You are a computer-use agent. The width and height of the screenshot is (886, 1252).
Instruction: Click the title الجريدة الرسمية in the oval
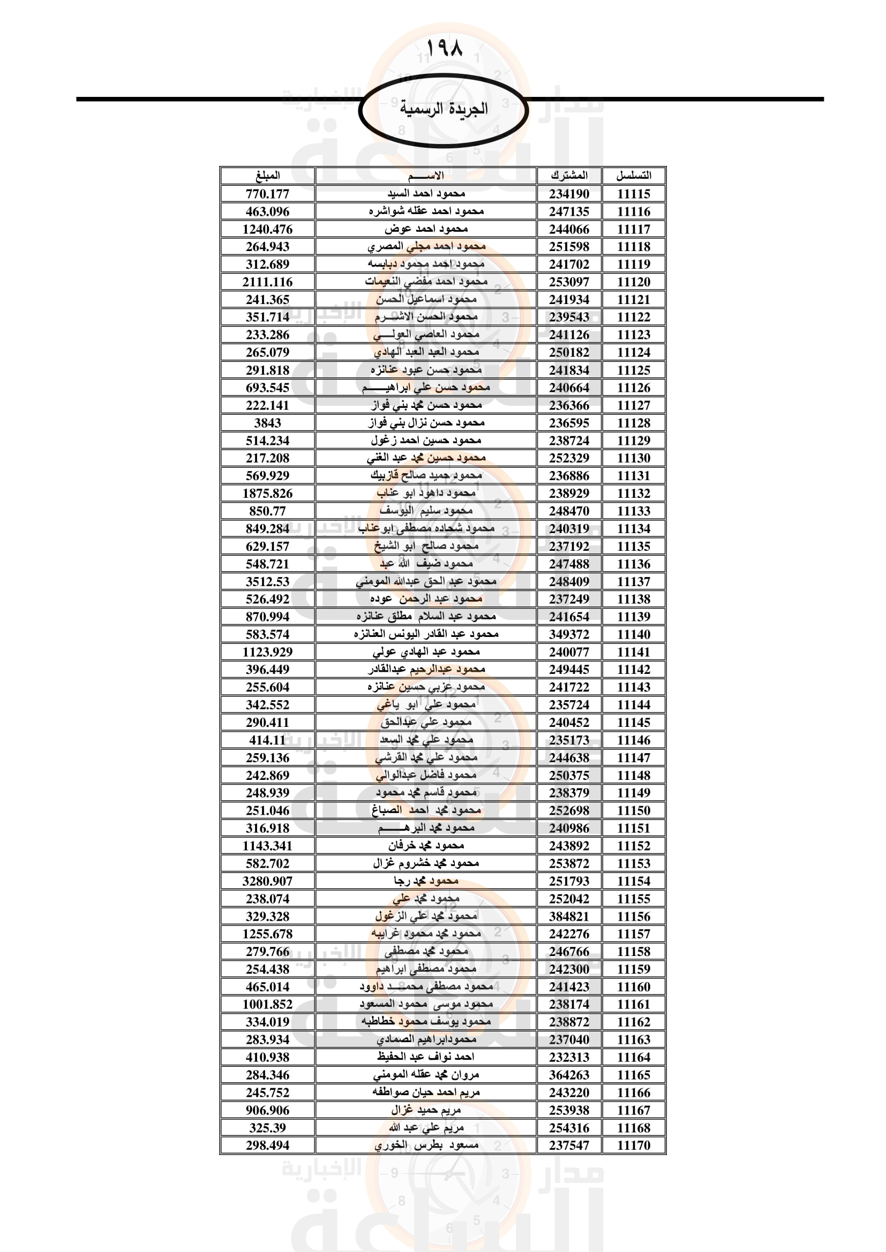(444, 109)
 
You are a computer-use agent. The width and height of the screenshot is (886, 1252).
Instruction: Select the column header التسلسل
(633, 176)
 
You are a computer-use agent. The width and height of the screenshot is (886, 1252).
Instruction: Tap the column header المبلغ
(267, 176)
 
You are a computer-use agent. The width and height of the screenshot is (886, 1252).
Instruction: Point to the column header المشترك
(569, 176)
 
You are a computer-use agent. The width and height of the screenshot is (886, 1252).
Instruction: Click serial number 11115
(633, 194)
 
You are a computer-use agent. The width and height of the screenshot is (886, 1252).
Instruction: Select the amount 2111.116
(267, 282)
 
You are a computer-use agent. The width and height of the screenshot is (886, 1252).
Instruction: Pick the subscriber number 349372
(569, 634)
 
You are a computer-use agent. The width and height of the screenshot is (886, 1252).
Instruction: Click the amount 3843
(267, 423)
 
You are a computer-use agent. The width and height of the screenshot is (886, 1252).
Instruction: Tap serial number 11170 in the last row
(633, 1145)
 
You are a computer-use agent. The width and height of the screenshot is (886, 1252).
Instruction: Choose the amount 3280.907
(267, 881)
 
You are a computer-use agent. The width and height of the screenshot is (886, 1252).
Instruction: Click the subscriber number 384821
(569, 916)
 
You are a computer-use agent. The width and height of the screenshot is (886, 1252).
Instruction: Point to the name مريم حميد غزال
(426, 1110)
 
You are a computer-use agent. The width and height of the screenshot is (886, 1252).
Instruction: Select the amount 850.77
(267, 511)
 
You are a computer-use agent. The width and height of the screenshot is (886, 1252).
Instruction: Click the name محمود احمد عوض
(426, 229)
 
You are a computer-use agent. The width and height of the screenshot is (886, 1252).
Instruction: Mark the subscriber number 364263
(569, 1075)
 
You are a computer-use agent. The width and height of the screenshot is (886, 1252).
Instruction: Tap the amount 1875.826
(267, 494)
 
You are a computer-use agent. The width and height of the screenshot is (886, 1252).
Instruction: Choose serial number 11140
(633, 634)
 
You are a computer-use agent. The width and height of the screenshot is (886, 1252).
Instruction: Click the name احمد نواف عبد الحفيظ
(426, 1057)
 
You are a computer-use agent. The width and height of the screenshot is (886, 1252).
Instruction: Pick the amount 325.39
(267, 1128)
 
